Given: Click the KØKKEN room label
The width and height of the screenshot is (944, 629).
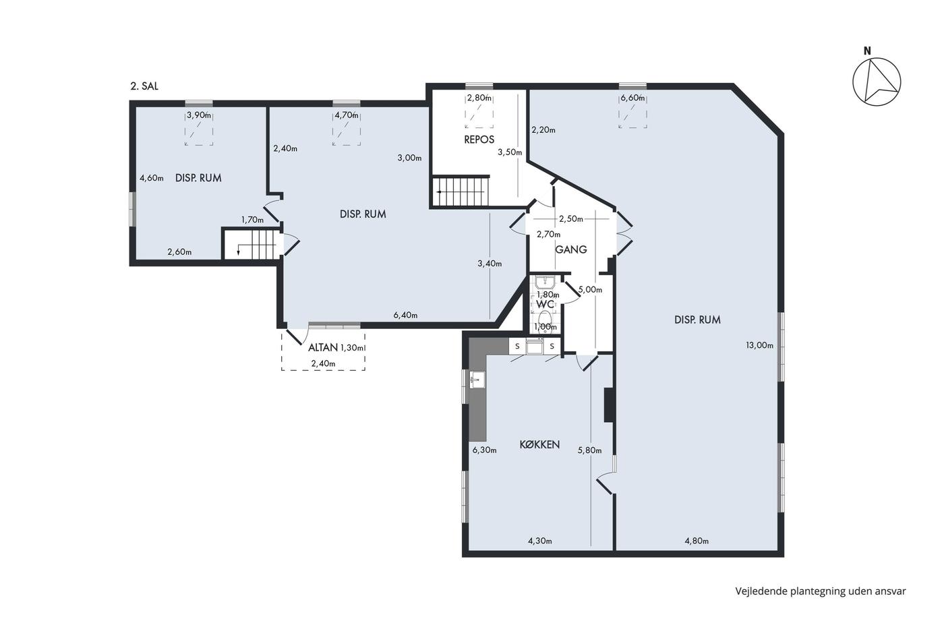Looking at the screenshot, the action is pyautogui.click(x=539, y=444).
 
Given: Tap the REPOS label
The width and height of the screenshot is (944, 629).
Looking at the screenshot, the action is pyautogui.click(x=479, y=140).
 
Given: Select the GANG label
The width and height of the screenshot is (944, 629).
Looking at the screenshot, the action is pyautogui.click(x=571, y=249).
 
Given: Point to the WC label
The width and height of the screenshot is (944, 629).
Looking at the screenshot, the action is pyautogui.click(x=545, y=304).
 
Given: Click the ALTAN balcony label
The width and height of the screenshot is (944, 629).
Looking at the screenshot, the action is pyautogui.click(x=323, y=348).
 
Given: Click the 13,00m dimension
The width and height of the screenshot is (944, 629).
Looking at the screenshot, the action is pyautogui.click(x=759, y=345).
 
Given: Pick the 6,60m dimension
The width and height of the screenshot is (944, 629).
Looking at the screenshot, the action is pyautogui.click(x=632, y=98).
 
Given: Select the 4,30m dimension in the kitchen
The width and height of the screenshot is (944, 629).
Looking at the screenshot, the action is pyautogui.click(x=540, y=541).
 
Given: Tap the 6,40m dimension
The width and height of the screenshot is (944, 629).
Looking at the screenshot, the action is pyautogui.click(x=405, y=315).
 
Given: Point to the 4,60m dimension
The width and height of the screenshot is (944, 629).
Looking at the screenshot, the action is pyautogui.click(x=152, y=178).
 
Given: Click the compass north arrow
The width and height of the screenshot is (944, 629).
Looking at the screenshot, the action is pyautogui.click(x=877, y=82).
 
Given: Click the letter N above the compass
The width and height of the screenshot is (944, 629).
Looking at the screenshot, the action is pyautogui.click(x=867, y=51).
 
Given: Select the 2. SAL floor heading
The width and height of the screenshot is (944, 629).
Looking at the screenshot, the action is pyautogui.click(x=144, y=86).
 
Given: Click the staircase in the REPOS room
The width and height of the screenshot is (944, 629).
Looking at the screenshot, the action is pyautogui.click(x=461, y=191).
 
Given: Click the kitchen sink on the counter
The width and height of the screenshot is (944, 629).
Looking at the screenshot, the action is pyautogui.click(x=477, y=380).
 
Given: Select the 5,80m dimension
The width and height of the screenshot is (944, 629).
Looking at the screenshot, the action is pyautogui.click(x=589, y=450).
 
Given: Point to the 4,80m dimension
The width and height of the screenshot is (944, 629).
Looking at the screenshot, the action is pyautogui.click(x=697, y=541).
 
